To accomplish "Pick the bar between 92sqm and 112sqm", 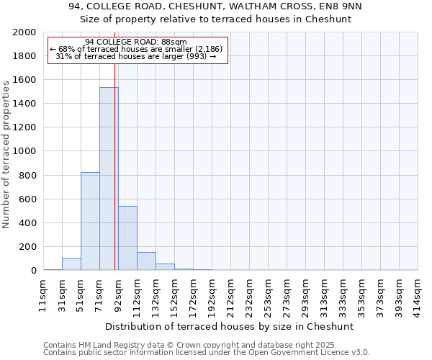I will [127, 238].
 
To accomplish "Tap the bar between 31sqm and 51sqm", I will [71, 264].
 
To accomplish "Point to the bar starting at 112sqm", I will [146, 261].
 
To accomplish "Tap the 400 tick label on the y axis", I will [27, 223].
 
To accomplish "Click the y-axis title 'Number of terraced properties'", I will [6, 154].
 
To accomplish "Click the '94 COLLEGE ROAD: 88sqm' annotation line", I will [135, 42].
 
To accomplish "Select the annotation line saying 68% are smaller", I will [136, 49].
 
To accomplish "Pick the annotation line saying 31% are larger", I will [136, 56].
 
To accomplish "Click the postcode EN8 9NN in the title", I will [342, 6].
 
